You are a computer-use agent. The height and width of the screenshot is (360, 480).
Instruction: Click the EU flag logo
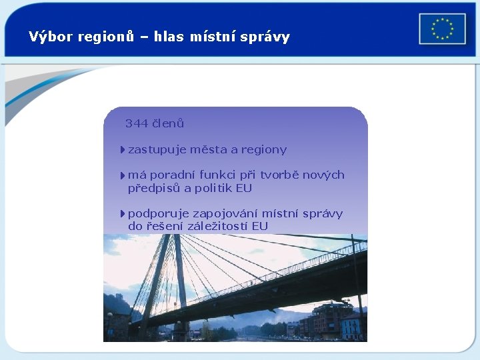[442, 29]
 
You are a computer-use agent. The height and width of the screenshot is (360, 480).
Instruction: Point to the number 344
[137, 123]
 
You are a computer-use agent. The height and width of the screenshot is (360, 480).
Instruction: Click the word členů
[168, 123]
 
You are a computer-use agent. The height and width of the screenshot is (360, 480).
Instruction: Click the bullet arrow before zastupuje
[123, 150]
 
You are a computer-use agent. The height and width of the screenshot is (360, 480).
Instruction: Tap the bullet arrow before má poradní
[123, 175]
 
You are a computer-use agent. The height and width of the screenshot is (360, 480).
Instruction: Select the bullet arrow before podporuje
[123, 214]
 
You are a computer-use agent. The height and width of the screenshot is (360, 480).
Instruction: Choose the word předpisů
[154, 188]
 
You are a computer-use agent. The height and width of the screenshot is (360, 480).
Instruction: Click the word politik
[214, 188]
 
